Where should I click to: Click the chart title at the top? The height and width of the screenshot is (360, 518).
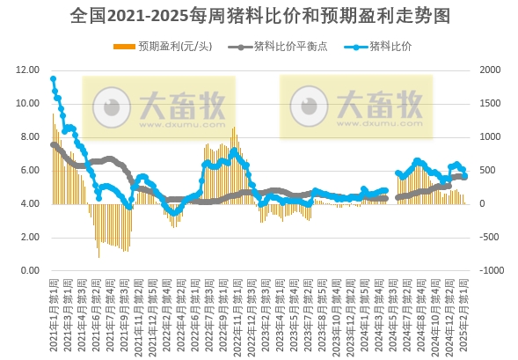(259, 16)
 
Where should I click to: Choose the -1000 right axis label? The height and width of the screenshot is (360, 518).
(486, 271)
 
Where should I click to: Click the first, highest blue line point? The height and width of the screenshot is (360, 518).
(53, 79)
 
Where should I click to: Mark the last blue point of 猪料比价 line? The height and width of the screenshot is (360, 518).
(465, 176)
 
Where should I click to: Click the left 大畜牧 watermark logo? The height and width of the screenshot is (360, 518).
(158, 107)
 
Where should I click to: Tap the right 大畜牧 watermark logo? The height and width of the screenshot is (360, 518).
(356, 107)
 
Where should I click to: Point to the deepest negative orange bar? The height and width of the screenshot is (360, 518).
(98, 257)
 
